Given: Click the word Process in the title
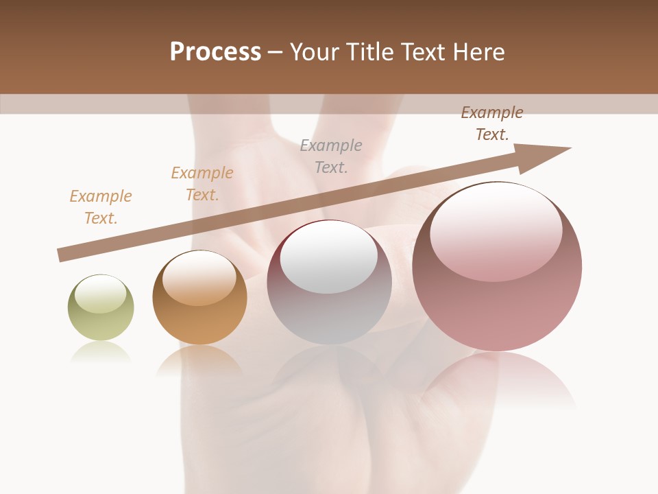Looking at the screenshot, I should tap(215, 52).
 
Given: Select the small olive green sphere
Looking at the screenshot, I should tap(101, 309).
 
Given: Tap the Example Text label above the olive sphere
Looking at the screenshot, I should tap(101, 207).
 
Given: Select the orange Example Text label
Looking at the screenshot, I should tap(202, 184).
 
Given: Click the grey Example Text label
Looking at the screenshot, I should tap(331, 156).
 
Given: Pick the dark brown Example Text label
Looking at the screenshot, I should tap(492, 123).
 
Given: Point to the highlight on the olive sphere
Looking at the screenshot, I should tap(100, 293).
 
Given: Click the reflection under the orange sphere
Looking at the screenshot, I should tap(199, 360).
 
